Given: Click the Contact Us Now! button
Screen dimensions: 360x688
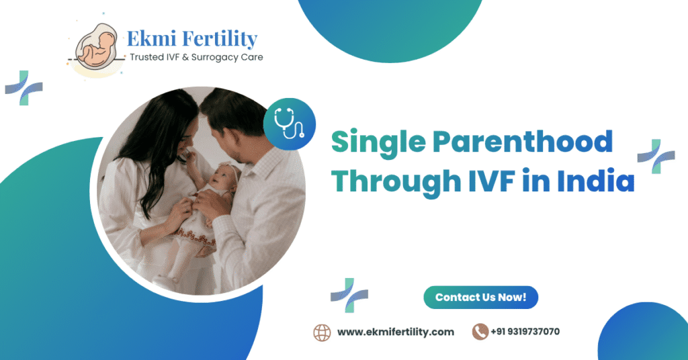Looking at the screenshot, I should [480, 297].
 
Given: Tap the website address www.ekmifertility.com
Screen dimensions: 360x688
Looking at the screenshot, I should [395, 332].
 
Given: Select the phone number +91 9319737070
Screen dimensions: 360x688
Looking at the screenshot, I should [525, 332].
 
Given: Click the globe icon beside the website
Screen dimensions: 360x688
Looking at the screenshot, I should [322, 332].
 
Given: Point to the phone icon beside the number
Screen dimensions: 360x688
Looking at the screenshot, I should [480, 332].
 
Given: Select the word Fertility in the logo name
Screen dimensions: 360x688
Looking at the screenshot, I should [219, 39].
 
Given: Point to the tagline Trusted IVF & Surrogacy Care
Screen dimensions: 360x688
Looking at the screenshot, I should [196, 58].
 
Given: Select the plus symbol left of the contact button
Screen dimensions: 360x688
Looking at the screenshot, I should [349, 295].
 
